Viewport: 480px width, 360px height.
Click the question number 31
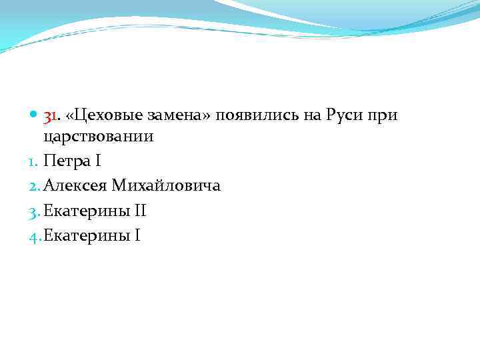(x=51, y=116)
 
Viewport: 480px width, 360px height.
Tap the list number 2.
(x=37, y=185)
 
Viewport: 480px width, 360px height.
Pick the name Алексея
(x=75, y=185)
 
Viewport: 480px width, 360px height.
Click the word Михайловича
(x=167, y=185)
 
